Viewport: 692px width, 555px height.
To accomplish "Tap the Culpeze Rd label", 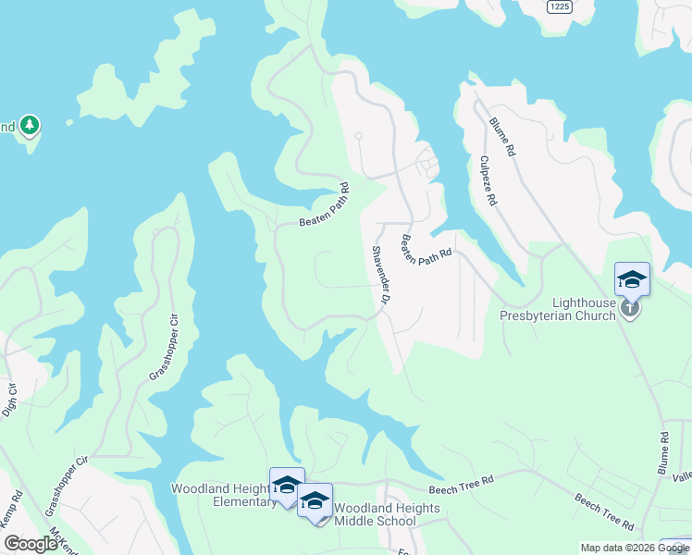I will (488, 179).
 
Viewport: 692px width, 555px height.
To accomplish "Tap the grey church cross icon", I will (630, 307).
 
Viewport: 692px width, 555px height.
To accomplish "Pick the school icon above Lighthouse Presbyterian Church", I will (632, 278).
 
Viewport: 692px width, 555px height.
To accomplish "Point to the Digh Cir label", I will (10, 400).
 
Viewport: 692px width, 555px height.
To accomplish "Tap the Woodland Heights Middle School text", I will (375, 514).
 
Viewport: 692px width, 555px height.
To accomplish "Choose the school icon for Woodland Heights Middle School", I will (315, 501).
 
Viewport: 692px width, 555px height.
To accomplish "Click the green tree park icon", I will (30, 125).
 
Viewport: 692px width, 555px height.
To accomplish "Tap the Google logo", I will (31, 544).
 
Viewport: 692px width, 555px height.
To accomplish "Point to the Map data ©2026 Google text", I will (634, 548).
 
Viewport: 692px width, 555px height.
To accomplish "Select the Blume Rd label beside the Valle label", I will (663, 453).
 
